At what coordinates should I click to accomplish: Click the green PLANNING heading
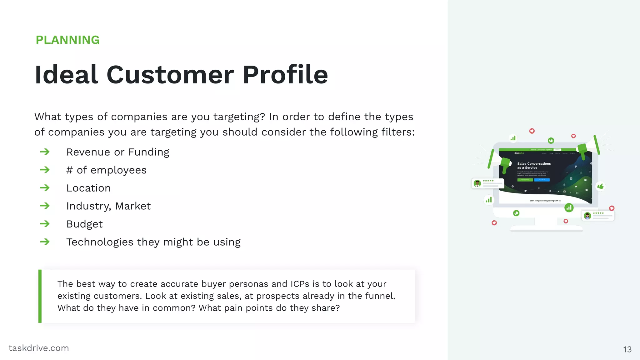tap(67, 40)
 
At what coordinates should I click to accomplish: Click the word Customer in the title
tap(170, 75)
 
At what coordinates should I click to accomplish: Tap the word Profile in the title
tap(285, 75)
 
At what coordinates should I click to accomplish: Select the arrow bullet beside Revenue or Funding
tap(45, 152)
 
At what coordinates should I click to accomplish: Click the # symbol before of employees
tap(69, 170)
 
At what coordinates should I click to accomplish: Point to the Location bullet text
tap(88, 188)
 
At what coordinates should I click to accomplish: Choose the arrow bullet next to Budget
tap(45, 224)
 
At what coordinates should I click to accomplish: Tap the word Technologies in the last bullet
tap(100, 242)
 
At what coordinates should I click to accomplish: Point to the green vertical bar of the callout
tap(40, 296)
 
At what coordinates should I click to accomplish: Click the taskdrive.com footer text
tap(39, 348)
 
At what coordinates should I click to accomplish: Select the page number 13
tap(627, 349)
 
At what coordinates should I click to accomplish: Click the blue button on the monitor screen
tap(542, 180)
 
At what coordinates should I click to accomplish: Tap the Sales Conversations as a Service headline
tap(534, 166)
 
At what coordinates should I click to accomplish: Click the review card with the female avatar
tap(598, 216)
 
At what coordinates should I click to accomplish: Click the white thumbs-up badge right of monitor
tap(600, 187)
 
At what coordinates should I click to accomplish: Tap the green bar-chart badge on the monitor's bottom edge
tap(569, 207)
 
